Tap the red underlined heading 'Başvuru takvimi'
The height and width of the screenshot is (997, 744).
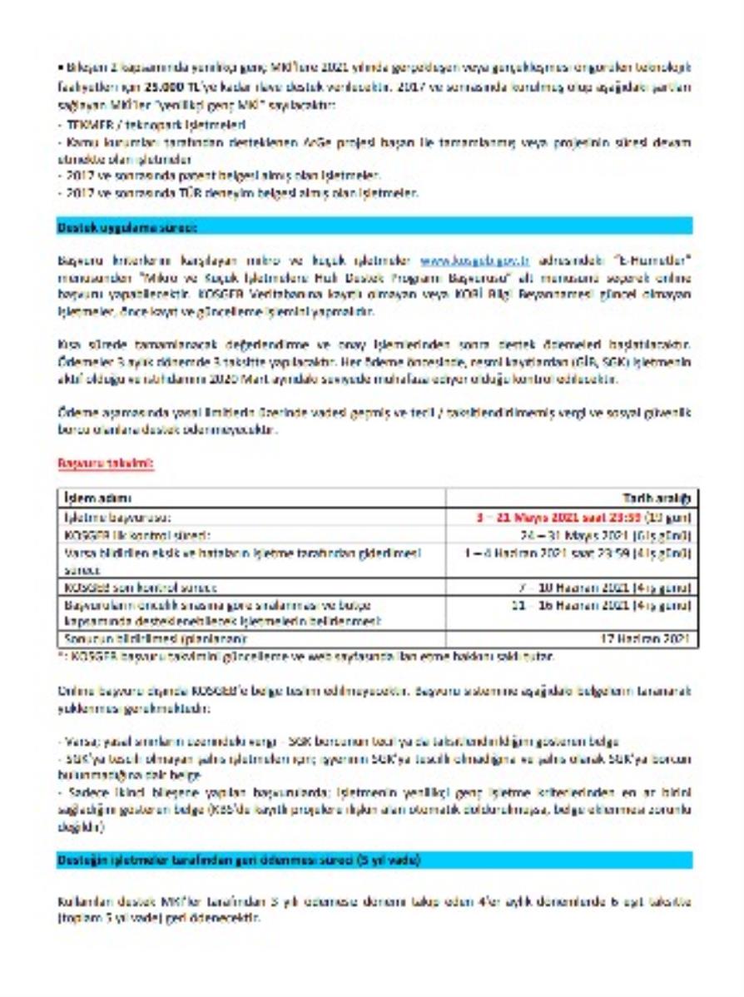[x=106, y=464]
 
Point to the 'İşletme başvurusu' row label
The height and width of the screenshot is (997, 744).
[x=117, y=516]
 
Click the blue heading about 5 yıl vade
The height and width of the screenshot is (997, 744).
[x=238, y=860]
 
